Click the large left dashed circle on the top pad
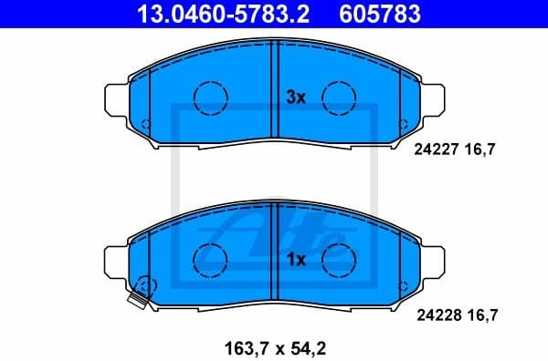(x=209, y=95)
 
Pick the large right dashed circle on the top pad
(x=339, y=95)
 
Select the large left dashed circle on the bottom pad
(x=209, y=257)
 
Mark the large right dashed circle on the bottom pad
(x=339, y=257)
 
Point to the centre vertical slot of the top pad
(x=274, y=95)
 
